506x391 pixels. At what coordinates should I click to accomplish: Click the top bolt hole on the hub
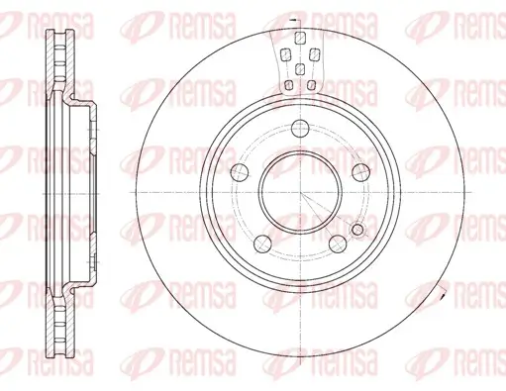point(300,127)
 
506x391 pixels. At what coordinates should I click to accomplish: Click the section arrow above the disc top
point(292,18)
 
